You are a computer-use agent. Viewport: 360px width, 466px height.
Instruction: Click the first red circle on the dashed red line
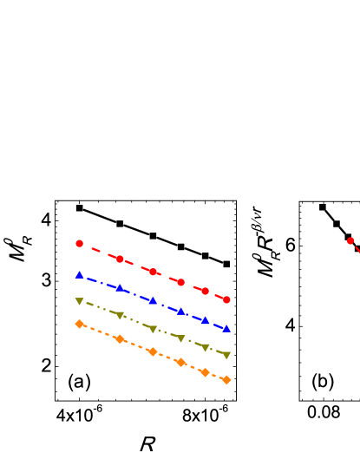click(x=79, y=244)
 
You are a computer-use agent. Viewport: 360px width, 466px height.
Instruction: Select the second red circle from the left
click(x=120, y=259)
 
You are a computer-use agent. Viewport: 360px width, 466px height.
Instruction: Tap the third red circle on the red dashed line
click(x=153, y=272)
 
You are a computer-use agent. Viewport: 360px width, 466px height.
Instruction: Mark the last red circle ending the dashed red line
click(x=226, y=299)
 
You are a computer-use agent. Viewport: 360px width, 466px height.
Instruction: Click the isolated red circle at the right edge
click(x=350, y=241)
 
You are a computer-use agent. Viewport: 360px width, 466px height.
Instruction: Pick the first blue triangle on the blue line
click(x=79, y=275)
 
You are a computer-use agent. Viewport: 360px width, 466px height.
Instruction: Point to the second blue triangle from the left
click(x=120, y=288)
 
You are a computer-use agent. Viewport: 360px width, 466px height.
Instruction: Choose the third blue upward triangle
click(x=153, y=301)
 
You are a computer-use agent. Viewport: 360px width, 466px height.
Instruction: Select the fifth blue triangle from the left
click(x=206, y=320)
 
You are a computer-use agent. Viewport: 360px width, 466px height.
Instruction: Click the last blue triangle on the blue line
click(x=226, y=329)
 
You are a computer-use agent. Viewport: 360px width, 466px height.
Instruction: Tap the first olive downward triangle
click(x=79, y=301)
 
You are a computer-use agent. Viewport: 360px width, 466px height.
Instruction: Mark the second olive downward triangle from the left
click(x=120, y=315)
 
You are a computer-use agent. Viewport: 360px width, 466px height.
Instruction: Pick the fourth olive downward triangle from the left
click(x=180, y=338)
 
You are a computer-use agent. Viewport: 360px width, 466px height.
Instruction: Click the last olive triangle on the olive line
click(x=226, y=355)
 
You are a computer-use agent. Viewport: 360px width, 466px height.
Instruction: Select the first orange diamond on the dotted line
click(x=79, y=324)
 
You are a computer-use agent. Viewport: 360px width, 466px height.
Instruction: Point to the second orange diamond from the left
click(x=120, y=339)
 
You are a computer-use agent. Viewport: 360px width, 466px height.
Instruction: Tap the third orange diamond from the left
click(x=153, y=351)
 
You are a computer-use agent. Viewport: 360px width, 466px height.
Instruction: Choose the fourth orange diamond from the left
click(x=180, y=362)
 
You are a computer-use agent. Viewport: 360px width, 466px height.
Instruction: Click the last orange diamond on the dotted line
click(x=226, y=379)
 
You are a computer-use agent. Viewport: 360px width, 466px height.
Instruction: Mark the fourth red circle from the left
click(x=180, y=282)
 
